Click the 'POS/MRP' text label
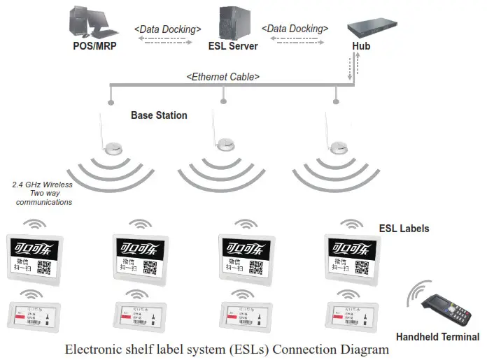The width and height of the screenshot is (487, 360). pyautogui.click(x=93, y=47)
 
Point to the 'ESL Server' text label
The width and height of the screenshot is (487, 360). pyautogui.click(x=233, y=47)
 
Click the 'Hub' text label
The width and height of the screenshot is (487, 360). pyautogui.click(x=361, y=47)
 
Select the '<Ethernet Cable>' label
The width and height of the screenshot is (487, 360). pyautogui.click(x=223, y=76)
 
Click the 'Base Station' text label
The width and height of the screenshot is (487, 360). pyautogui.click(x=159, y=115)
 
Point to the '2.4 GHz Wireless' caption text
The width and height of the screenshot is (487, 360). pyautogui.click(x=42, y=185)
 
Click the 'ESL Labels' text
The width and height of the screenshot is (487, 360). pyautogui.click(x=404, y=229)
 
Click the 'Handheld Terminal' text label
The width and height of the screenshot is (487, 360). pyautogui.click(x=437, y=337)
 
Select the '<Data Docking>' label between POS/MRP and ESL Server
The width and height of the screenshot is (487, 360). pyautogui.click(x=168, y=29)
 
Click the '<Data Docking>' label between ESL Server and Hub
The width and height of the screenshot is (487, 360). pyautogui.click(x=295, y=29)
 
